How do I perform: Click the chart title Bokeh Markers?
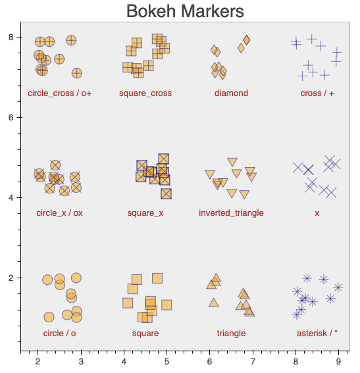click(185, 11)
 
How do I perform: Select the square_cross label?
click(145, 93)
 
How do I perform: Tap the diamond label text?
click(232, 93)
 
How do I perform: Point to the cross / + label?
click(317, 93)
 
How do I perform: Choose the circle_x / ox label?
click(60, 213)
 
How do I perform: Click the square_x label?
click(145, 213)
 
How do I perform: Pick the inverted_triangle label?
click(232, 213)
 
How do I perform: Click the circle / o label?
click(60, 334)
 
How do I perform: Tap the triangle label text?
click(232, 334)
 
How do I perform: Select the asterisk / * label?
click(317, 334)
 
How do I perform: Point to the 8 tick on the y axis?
click(11, 37)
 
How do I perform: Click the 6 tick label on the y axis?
click(11, 118)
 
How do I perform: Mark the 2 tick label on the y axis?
click(11, 278)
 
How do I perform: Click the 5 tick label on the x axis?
click(167, 361)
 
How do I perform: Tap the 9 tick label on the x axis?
click(339, 361)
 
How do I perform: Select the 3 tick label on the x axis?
click(80, 361)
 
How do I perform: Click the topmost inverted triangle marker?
click(232, 162)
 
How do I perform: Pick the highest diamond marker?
click(247, 40)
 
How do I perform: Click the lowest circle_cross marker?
click(77, 73)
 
